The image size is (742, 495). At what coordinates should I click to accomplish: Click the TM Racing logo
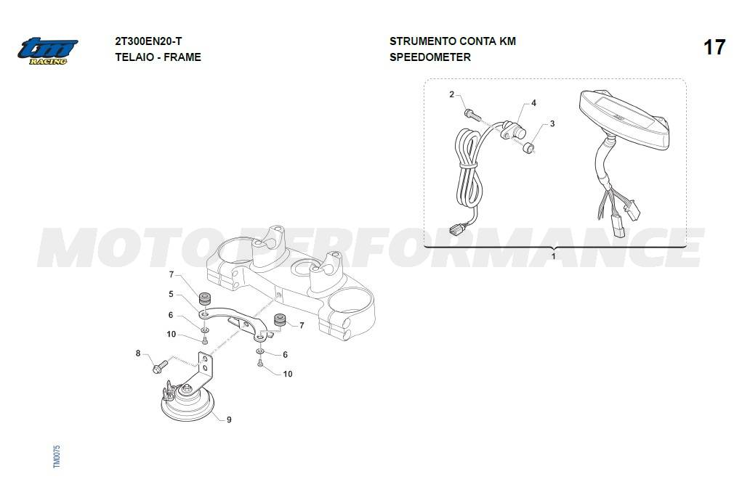(x=48, y=51)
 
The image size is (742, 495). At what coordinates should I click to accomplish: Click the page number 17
(x=714, y=47)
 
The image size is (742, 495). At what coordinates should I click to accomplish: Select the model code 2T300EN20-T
(x=148, y=41)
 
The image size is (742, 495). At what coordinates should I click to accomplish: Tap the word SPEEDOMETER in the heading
(x=430, y=57)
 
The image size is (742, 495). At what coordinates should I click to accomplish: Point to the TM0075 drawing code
(x=57, y=457)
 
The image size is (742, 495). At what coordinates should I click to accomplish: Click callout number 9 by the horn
(x=229, y=420)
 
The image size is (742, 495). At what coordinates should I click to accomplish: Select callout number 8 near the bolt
(x=138, y=353)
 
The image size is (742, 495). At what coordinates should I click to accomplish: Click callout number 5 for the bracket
(x=172, y=294)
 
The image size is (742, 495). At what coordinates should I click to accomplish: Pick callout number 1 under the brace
(x=554, y=256)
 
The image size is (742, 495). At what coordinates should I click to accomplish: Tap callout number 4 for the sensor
(x=533, y=102)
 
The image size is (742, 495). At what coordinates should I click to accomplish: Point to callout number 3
(x=552, y=124)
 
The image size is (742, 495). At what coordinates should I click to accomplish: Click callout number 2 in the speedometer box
(x=451, y=94)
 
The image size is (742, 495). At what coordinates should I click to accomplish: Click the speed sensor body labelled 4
(x=512, y=130)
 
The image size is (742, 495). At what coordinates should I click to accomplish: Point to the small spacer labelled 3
(x=529, y=149)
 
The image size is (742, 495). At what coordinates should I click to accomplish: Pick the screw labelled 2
(x=472, y=114)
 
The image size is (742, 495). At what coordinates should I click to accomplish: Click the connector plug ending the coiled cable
(x=456, y=230)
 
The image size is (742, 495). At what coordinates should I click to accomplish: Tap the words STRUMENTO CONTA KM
(x=452, y=41)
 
